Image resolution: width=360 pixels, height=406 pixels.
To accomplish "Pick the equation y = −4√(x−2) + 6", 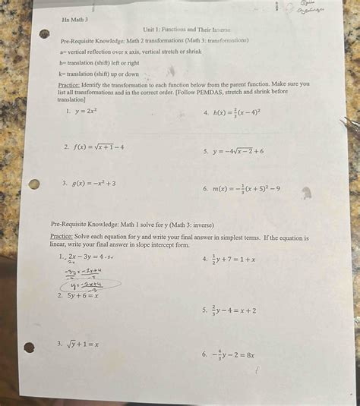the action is pos(238,151).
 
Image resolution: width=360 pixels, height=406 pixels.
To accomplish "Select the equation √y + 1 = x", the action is pos(82,344).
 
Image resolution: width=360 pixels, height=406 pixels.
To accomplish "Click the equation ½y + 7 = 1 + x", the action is pos(234,260).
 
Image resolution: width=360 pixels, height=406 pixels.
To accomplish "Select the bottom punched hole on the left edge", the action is pos(29,348).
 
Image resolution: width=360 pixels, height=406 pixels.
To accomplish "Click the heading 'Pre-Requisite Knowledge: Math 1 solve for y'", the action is pos(132,225).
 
